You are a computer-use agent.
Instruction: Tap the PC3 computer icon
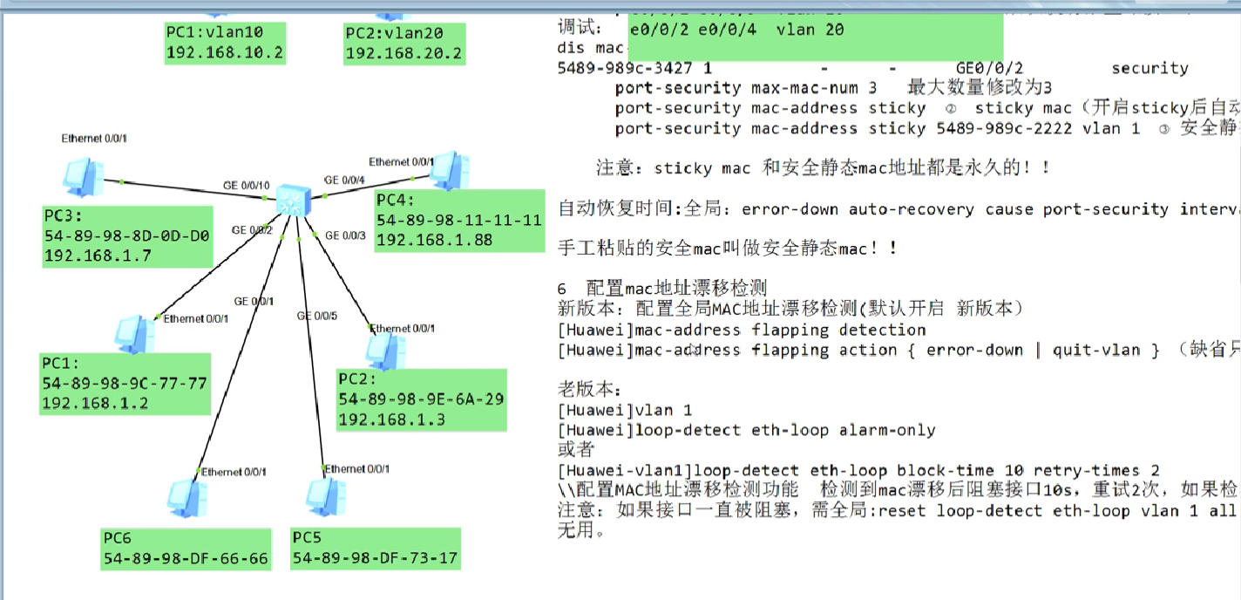pyautogui.click(x=84, y=177)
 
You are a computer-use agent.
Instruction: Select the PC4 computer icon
pyautogui.click(x=450, y=169)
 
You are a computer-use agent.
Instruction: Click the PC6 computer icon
pyautogui.click(x=187, y=497)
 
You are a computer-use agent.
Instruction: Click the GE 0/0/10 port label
pyautogui.click(x=246, y=185)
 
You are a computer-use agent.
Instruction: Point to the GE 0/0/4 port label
pyautogui.click(x=344, y=181)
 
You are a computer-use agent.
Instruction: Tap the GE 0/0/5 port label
pyautogui.click(x=316, y=315)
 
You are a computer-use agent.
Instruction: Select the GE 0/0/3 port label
pyautogui.click(x=345, y=235)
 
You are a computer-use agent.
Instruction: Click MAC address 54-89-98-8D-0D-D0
pyautogui.click(x=126, y=236)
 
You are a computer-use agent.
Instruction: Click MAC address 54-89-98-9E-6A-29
pyautogui.click(x=421, y=399)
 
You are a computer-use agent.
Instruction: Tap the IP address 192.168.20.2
pyautogui.click(x=403, y=53)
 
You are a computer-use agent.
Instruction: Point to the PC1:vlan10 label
pyautogui.click(x=214, y=33)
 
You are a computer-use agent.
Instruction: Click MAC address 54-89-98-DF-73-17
pyautogui.click(x=375, y=558)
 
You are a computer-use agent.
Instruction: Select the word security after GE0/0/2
pyautogui.click(x=1149, y=68)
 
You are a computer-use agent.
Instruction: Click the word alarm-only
pyautogui.click(x=885, y=430)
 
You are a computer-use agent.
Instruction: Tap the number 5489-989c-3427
pyautogui.click(x=628, y=68)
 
